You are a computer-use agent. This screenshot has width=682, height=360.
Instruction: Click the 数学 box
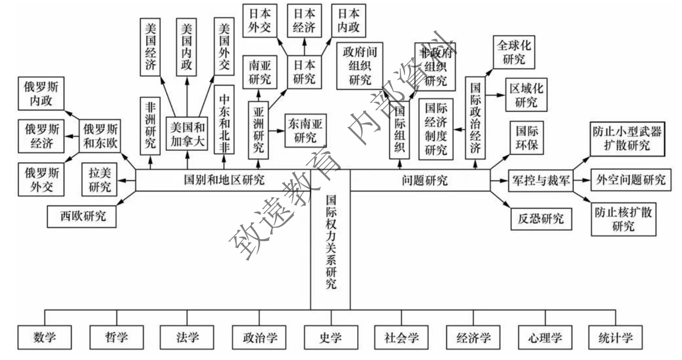coord(45,338)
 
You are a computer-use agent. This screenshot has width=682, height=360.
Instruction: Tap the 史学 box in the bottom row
coord(330,338)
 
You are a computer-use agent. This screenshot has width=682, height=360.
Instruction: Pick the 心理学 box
coord(545,338)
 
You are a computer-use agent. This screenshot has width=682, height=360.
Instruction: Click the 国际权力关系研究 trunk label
coord(331,242)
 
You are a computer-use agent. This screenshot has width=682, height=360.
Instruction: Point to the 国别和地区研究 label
coord(223,180)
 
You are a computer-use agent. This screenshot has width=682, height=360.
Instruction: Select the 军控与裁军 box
coord(538,180)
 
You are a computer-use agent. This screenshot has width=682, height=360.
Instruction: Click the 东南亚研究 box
coord(305,131)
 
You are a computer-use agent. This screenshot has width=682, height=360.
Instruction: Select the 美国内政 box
coord(187,47)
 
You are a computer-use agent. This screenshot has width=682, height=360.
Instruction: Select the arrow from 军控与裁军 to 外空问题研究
coord(581,180)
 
